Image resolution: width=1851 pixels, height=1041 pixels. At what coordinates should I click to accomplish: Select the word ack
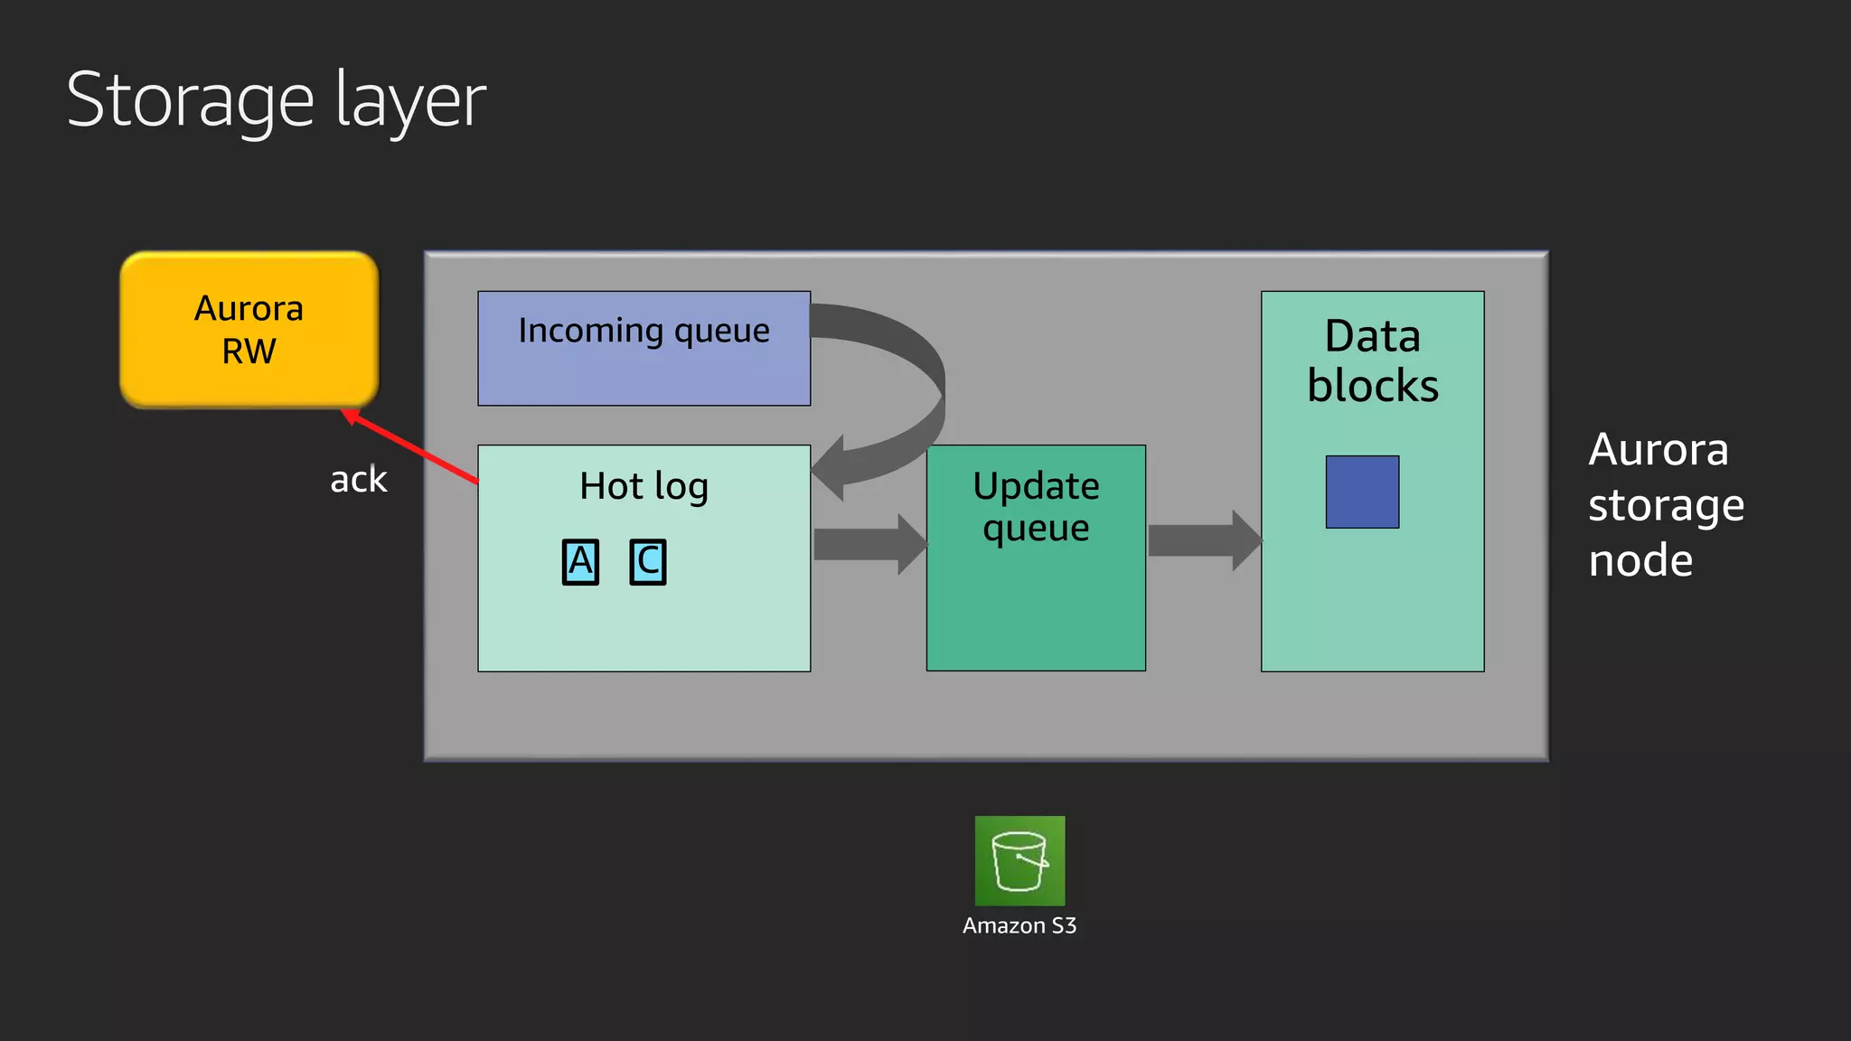click(x=358, y=480)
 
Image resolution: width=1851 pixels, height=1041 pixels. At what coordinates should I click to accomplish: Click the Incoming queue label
click(x=644, y=331)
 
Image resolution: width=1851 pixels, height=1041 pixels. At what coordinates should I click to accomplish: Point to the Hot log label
click(x=644, y=486)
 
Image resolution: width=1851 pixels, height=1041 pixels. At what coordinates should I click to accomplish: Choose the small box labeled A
click(x=580, y=562)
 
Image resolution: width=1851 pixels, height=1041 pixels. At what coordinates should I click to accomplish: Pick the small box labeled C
click(x=648, y=562)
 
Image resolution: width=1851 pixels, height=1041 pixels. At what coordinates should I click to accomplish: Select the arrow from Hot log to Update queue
click(x=868, y=544)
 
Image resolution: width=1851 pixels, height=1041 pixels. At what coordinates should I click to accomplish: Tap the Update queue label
click(x=1036, y=507)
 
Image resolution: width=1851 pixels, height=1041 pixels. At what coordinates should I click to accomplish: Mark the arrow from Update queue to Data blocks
click(x=1202, y=540)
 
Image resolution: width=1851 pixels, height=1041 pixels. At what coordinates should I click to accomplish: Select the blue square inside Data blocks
click(x=1362, y=492)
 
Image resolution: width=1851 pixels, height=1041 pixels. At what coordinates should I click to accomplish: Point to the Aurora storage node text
click(x=1665, y=504)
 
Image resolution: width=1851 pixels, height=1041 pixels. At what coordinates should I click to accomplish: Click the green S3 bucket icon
click(x=1019, y=860)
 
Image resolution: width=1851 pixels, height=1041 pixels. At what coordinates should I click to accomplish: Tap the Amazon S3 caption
click(x=1019, y=926)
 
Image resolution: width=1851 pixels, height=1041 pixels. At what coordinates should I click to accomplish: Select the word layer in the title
click(x=411, y=101)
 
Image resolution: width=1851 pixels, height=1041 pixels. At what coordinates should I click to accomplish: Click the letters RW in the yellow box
click(x=249, y=352)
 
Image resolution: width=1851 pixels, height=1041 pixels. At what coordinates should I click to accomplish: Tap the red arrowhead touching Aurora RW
click(x=351, y=417)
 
